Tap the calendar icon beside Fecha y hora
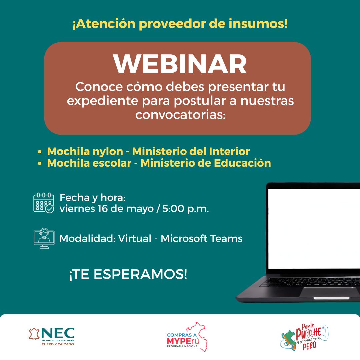point(44,203)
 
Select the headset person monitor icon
point(44,238)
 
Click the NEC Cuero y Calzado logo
point(52,337)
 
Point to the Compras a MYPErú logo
point(187,337)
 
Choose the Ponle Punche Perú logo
point(304,337)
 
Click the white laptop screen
point(314,229)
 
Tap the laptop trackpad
point(331,291)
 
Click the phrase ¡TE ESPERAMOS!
point(128,274)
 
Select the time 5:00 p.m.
point(186,209)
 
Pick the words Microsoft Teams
point(202,239)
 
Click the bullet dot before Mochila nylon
point(40,152)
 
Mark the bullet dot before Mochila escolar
point(40,163)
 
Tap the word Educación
point(242,163)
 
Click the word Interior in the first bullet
point(229,151)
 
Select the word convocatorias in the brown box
point(180,115)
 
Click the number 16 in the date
point(102,209)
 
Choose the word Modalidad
point(87,239)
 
